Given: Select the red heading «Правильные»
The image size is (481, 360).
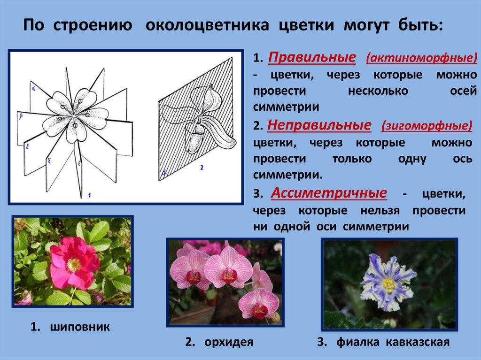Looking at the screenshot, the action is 312,58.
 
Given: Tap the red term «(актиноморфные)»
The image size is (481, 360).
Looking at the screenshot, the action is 421,58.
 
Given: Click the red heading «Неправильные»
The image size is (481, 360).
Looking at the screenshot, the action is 319,125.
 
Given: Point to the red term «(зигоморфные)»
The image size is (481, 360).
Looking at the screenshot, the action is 427,126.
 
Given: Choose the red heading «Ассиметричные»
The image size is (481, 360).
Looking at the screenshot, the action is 329,193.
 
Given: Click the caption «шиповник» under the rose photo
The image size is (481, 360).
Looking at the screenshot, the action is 80,327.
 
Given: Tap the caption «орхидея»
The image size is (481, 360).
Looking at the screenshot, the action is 229,342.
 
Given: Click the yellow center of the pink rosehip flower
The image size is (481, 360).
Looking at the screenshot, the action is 74,265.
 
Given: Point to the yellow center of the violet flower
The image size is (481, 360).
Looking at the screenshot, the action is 389,285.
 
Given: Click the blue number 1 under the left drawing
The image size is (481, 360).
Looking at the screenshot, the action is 89,195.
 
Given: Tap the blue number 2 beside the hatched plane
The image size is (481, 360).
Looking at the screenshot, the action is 202,168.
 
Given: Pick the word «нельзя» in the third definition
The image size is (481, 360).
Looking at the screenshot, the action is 380,211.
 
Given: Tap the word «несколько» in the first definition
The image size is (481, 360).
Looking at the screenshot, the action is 378,91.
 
